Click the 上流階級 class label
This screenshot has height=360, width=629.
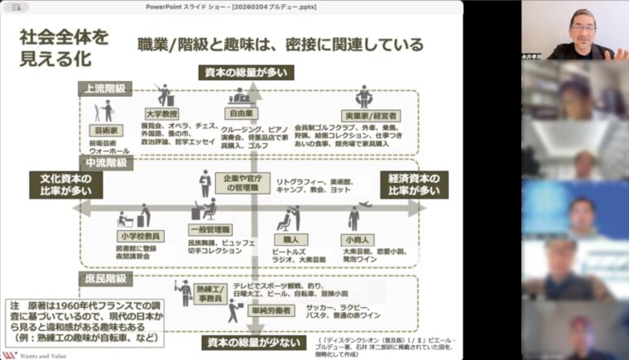click(x=103, y=87)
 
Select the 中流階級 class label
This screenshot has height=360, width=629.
click(x=104, y=163)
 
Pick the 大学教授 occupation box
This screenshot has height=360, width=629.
click(x=164, y=113)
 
